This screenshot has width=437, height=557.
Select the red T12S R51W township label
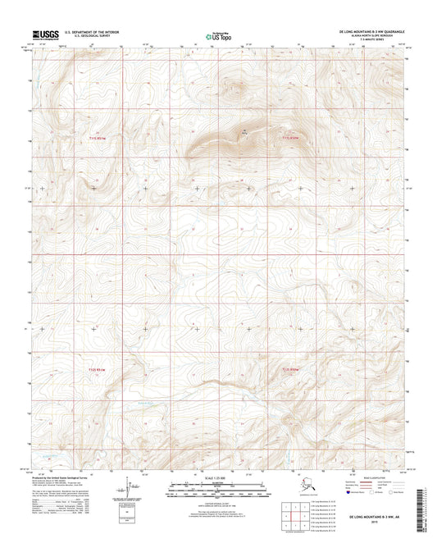[97, 371]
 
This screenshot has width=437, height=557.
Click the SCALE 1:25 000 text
[218, 478]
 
